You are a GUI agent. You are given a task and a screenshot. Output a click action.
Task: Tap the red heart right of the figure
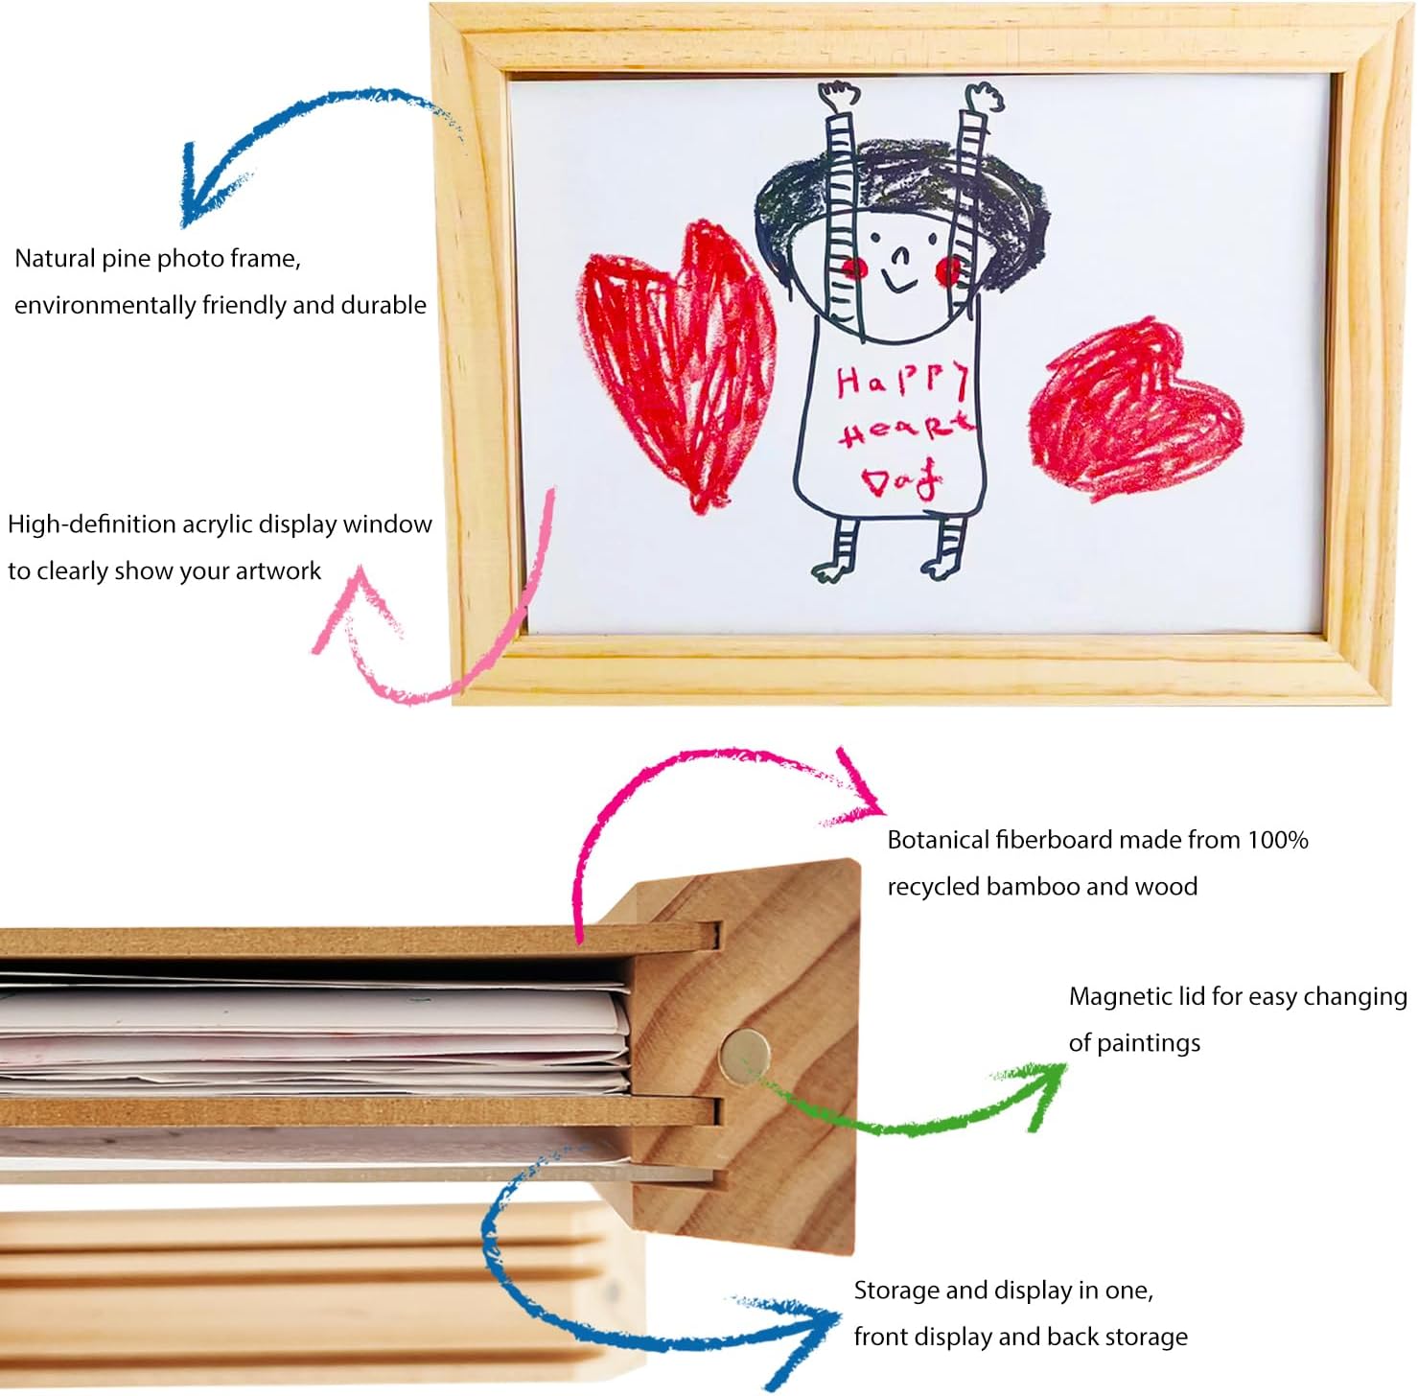point(1136,408)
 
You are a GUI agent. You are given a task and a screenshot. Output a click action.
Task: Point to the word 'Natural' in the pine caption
point(55,258)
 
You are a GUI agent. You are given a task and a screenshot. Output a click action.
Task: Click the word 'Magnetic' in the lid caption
point(1117,997)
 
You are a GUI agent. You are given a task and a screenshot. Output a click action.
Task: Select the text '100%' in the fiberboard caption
point(1278,840)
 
